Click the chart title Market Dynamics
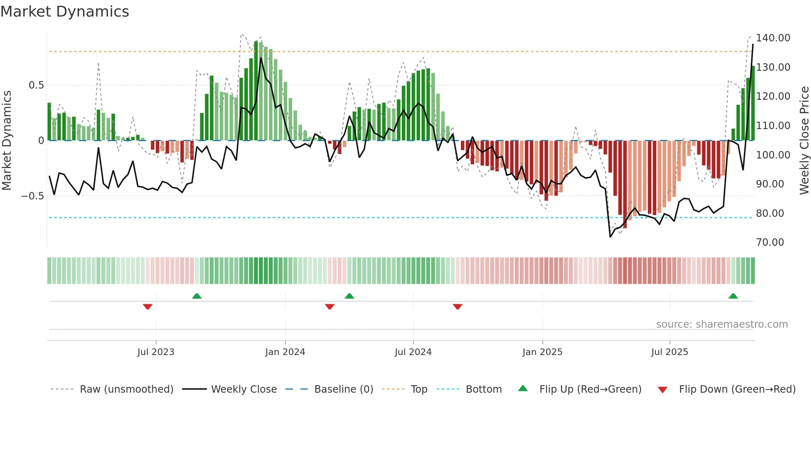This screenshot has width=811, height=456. (x=65, y=12)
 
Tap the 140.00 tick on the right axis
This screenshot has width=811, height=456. (x=773, y=38)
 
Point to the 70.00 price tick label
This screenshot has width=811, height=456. (x=770, y=242)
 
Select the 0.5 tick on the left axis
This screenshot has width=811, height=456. (x=36, y=85)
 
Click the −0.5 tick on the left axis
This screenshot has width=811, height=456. (x=33, y=196)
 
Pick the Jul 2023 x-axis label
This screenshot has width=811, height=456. (x=156, y=352)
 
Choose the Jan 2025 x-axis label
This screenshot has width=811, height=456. (x=542, y=352)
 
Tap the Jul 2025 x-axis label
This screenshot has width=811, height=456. (x=669, y=352)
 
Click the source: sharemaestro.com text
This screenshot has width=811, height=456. (x=722, y=324)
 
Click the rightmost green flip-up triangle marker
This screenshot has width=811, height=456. (x=733, y=296)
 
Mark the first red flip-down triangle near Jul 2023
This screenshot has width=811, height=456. (x=148, y=307)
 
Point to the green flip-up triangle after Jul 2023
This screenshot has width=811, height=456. (x=197, y=296)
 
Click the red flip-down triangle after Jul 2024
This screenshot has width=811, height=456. (x=457, y=307)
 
